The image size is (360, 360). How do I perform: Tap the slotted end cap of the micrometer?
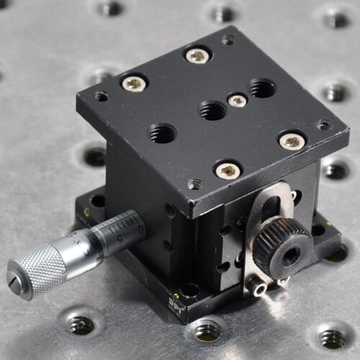coord(17,282)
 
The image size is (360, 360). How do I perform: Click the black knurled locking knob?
coord(283,248)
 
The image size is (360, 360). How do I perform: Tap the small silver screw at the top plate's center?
coord(237,100)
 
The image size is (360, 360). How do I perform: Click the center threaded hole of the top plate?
coord(212,110)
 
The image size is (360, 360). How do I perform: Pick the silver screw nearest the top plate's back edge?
coord(197,55)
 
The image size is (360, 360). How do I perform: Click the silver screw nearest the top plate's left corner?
coord(134,84)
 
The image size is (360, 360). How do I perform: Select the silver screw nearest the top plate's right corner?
coord(292,140)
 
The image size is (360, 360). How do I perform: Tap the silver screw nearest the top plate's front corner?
coord(228,170)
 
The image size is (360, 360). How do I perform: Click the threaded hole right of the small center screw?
coord(262,88)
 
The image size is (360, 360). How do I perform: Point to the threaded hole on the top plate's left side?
coord(162,132)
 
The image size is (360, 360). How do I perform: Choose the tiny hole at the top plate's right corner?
coord(325,125)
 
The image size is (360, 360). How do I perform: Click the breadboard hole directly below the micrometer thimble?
coord(81,325)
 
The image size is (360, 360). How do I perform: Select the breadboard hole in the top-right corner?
coord(336,19)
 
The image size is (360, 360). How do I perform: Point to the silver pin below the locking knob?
coord(258,286)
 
